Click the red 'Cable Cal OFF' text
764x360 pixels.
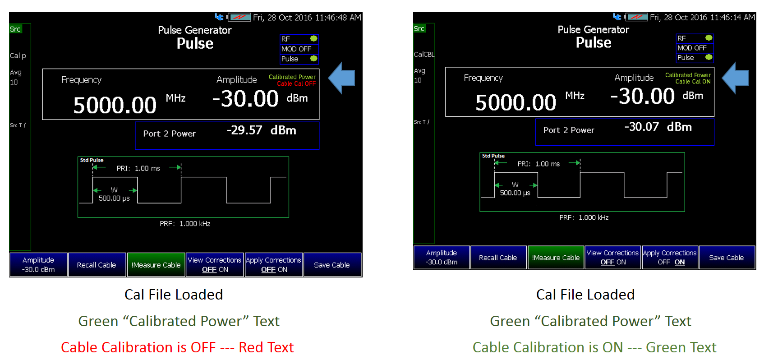pos(296,83)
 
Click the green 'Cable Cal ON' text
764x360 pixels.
pos(693,82)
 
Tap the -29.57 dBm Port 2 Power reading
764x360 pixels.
pos(261,130)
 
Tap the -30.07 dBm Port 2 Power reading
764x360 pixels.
pos(658,127)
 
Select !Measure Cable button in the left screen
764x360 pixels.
pos(156,265)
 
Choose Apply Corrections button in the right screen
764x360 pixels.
pos(670,258)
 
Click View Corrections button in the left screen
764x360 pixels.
pos(215,265)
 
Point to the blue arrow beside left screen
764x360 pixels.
pos(342,78)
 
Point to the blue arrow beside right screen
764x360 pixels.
pos(735,78)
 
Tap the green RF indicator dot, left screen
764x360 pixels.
pos(313,38)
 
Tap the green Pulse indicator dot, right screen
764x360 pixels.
pos(709,57)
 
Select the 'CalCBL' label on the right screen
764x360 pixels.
pos(424,54)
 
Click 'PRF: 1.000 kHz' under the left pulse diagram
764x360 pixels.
pos(185,223)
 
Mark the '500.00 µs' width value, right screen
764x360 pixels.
pos(515,193)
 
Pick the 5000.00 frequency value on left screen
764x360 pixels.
pos(115,105)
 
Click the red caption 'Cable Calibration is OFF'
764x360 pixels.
pos(138,347)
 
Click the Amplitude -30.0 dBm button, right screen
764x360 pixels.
pos(442,258)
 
